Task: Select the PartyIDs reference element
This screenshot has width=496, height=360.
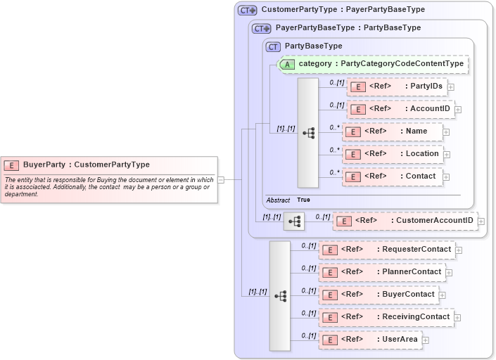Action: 398,86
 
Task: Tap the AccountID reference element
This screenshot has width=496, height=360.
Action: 402,109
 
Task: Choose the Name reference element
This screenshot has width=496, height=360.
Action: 393,131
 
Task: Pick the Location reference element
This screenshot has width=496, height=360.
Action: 393,154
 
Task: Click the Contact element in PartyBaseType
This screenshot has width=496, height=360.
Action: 393,176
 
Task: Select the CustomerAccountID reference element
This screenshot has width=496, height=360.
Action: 405,221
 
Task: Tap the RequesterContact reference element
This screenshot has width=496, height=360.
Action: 386,250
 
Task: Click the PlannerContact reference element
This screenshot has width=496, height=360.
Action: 386,272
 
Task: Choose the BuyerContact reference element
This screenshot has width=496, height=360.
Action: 379,295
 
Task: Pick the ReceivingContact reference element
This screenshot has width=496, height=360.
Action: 386,317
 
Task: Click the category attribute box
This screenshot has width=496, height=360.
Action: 373,64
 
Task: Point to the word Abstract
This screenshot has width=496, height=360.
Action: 278,200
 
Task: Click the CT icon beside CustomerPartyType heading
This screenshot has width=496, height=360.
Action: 247,11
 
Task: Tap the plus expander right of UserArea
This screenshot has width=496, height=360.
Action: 426,340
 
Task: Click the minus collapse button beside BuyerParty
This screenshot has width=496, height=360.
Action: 221,179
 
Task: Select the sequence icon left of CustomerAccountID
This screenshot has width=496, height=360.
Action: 294,221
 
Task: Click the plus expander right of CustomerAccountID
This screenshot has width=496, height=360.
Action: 481,221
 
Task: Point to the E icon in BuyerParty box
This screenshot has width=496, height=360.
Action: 11,165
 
